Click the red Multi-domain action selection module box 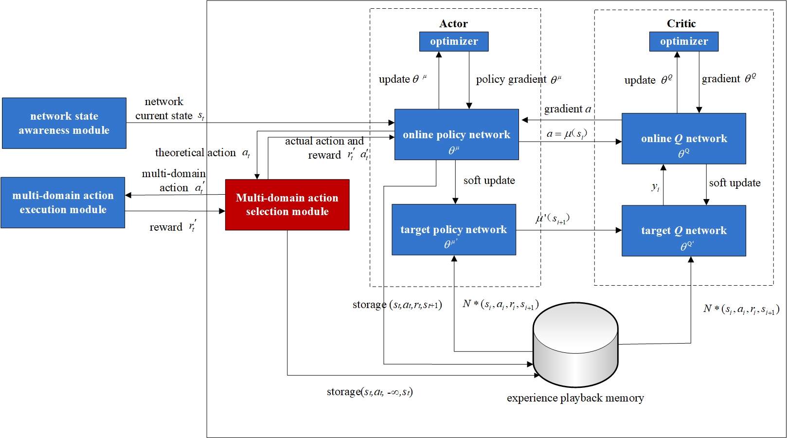(287, 204)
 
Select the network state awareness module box (64, 123)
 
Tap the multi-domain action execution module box (63, 202)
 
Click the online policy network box (456, 134)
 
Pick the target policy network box (453, 229)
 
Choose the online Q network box (683, 139)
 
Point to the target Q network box (683, 231)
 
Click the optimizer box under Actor (453, 41)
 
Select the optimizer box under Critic (683, 41)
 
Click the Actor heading (453, 23)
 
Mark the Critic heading (681, 23)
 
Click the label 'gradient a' (568, 109)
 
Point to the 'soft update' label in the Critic (734, 183)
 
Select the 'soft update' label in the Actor (489, 181)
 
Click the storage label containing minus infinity (370, 392)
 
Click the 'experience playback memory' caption (575, 398)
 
